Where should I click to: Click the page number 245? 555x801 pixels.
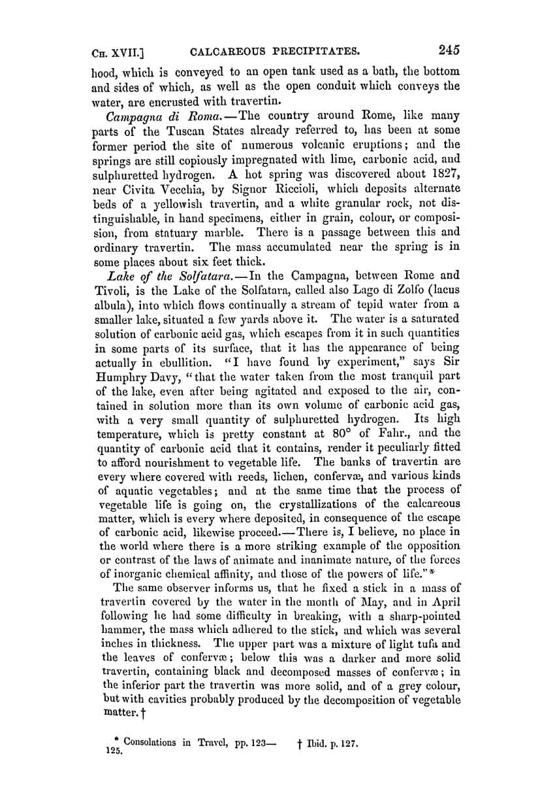pyautogui.click(x=450, y=50)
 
